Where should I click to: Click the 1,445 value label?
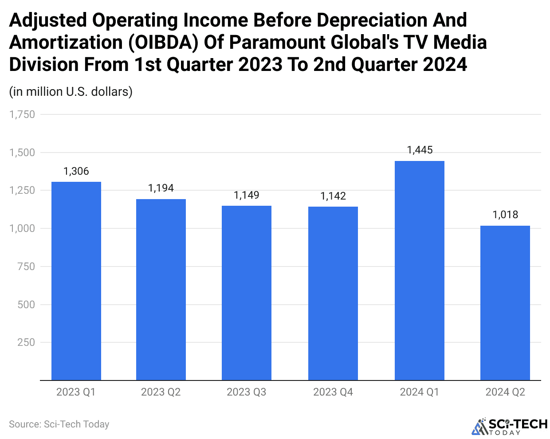(x=420, y=150)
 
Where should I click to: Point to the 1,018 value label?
(x=505, y=215)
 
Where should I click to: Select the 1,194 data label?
(x=161, y=188)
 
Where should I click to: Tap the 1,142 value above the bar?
(x=333, y=196)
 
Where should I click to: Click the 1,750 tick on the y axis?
(x=22, y=114)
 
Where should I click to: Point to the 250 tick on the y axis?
(x=26, y=342)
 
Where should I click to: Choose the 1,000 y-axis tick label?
(x=22, y=228)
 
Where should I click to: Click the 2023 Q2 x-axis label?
(x=161, y=392)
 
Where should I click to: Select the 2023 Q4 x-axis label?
(x=333, y=392)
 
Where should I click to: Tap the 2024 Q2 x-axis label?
(x=505, y=392)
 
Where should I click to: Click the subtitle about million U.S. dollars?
(x=71, y=91)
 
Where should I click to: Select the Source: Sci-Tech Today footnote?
(x=59, y=424)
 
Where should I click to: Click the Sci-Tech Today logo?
(x=510, y=426)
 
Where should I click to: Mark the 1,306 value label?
(x=76, y=171)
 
